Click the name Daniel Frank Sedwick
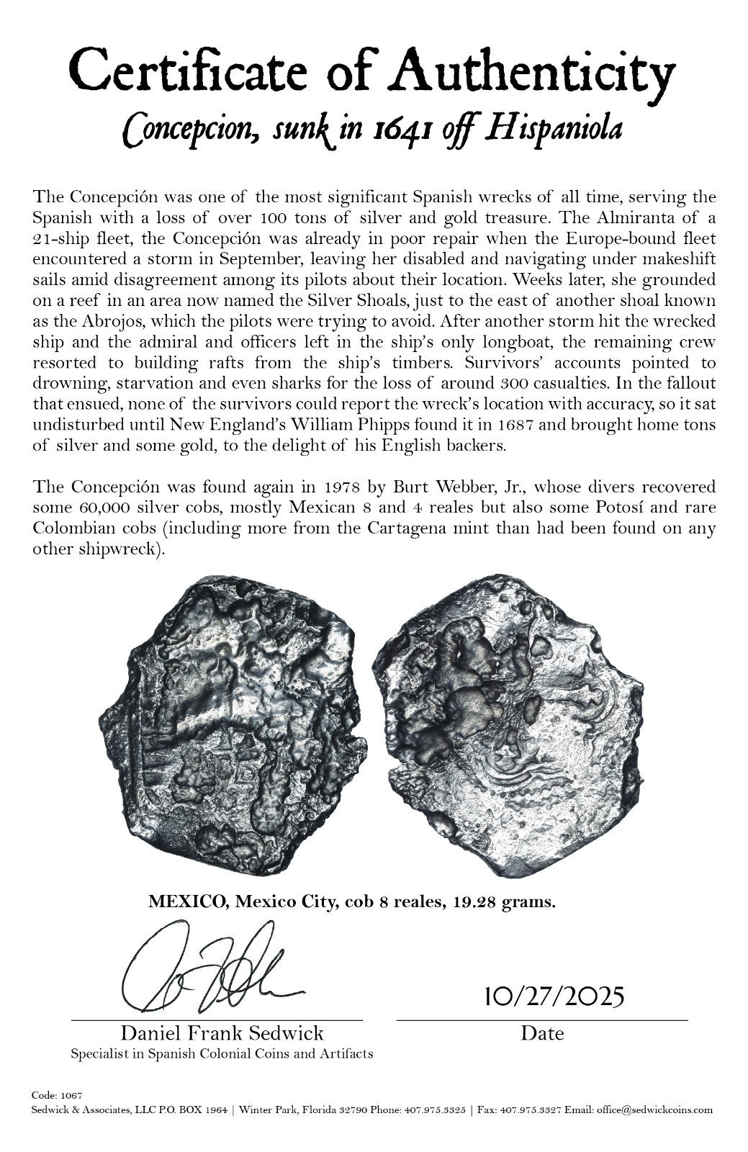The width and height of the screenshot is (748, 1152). [222, 1033]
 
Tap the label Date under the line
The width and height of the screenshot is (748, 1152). [542, 1033]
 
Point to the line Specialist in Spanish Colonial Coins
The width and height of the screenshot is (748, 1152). [222, 1053]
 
